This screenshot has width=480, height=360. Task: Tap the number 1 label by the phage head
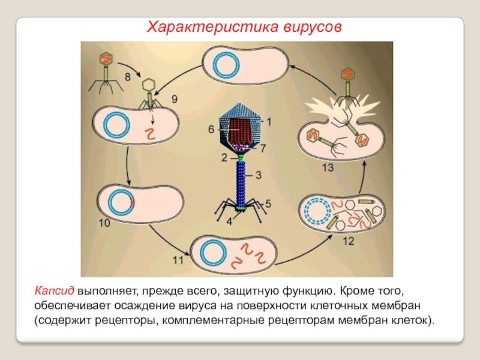(x=269, y=122)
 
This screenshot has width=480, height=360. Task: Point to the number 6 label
(x=211, y=129)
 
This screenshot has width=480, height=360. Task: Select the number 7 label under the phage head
(x=263, y=147)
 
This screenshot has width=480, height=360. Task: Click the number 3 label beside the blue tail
(x=258, y=175)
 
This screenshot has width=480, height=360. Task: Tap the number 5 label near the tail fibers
(x=268, y=202)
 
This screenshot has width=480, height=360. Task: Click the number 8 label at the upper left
(x=128, y=77)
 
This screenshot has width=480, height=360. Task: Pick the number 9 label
(x=175, y=100)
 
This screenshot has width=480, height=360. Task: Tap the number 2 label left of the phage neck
(x=223, y=157)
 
